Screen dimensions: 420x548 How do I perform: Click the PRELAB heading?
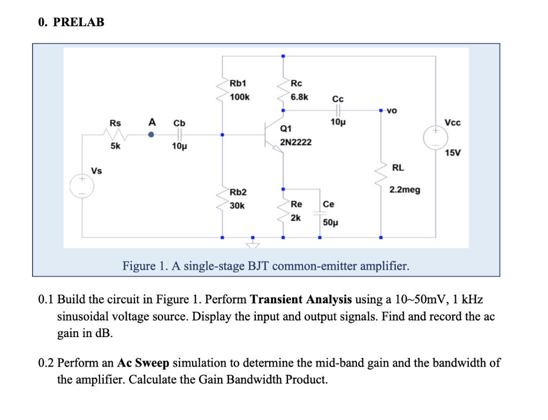click(71, 22)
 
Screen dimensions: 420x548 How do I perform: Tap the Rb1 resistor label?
click(238, 83)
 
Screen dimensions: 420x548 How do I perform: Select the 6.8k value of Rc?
click(300, 97)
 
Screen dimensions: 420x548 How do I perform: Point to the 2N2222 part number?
click(295, 143)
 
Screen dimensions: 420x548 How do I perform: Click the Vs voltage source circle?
click(82, 186)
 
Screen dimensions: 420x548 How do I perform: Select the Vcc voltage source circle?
click(435, 137)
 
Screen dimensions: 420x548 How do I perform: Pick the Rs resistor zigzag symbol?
click(117, 135)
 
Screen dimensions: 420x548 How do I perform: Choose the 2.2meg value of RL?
click(405, 189)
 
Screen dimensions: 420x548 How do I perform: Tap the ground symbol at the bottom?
click(253, 245)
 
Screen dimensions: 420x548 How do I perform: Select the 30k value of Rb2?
click(237, 205)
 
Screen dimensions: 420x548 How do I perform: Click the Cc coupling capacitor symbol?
click(338, 111)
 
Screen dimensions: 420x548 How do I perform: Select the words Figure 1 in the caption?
click(144, 265)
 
